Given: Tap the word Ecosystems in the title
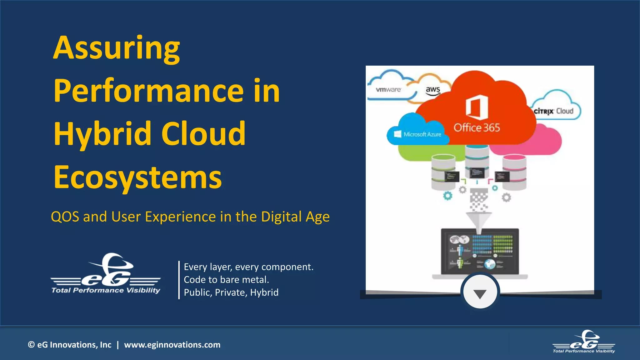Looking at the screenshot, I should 137,177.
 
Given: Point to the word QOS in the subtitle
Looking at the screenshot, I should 65,217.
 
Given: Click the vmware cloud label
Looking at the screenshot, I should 388,90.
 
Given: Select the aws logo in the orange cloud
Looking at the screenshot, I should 433,90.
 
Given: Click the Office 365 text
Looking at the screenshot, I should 477,127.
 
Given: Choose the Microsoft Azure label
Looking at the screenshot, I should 418,134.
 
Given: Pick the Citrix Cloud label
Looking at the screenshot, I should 553,111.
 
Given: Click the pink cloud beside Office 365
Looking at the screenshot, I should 547,141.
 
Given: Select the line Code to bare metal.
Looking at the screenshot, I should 226,280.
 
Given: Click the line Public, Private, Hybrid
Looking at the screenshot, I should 231,292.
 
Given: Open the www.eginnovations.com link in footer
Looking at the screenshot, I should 172,345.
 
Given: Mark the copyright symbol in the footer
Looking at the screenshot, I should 31,345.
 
